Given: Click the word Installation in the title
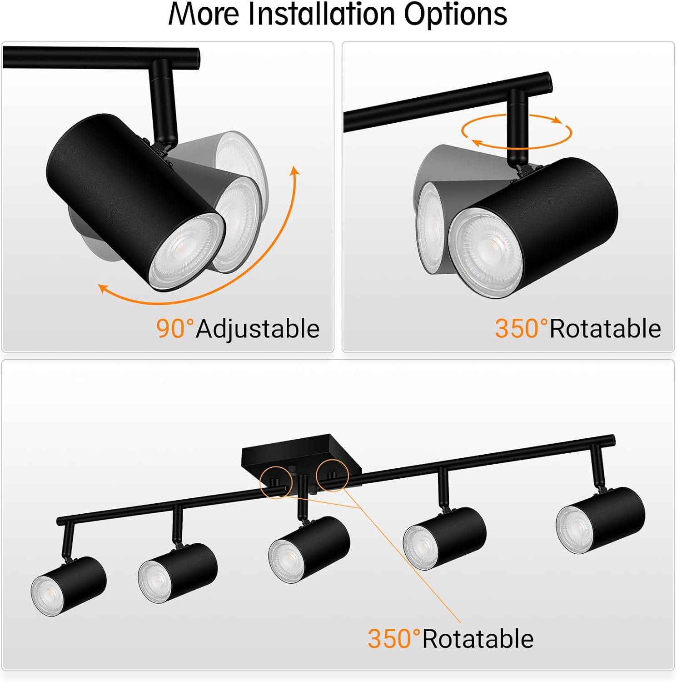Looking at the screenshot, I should pos(321,15).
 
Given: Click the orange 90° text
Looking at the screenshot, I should pos(174,328).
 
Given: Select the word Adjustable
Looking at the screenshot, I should pos(258,329).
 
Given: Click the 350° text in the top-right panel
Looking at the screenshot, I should pos(521,328).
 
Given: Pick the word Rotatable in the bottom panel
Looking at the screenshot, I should pos(478,639).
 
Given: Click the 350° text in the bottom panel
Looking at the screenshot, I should pos(393,639).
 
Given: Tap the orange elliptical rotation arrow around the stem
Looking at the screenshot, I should pos(517,132).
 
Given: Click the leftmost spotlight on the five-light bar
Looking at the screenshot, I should pos(68,587).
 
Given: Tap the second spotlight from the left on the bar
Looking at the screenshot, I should pos(177,573).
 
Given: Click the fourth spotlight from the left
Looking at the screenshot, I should pos(444,537).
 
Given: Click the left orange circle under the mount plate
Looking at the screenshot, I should pos(276,482).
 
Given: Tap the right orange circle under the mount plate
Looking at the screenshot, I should pos(332,475).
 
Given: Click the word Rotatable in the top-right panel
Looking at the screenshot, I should pos(605,328).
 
